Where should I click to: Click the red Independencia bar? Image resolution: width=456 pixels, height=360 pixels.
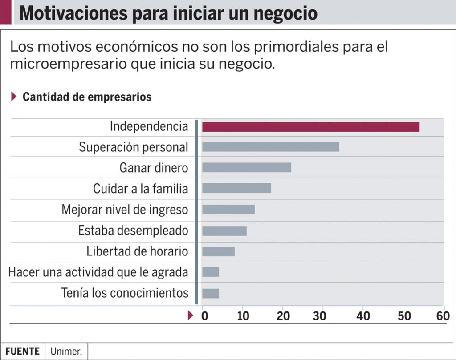tap(310, 127)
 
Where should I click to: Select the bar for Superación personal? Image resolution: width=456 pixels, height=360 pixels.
tap(270, 147)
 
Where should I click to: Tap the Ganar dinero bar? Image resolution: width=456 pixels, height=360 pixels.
tap(246, 167)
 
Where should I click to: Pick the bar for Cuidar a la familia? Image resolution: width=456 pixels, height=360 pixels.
tap(236, 188)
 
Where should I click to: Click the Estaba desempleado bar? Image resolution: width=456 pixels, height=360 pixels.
tap(224, 231)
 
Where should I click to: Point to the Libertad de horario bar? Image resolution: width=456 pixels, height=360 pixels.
tap(218, 251)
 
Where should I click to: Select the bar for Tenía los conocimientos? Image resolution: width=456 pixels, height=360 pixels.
tap(210, 294)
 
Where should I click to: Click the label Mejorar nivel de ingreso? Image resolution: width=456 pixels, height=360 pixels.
tap(125, 209)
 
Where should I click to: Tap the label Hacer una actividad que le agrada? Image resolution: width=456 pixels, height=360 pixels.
tap(98, 272)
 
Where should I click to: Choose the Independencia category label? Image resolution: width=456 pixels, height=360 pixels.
tap(149, 126)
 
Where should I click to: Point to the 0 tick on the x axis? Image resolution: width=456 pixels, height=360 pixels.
tap(204, 316)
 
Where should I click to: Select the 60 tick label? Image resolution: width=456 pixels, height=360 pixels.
tap(443, 316)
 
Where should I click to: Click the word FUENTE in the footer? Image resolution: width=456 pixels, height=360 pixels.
tap(22, 351)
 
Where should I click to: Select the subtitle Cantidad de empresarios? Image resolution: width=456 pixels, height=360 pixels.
tap(87, 97)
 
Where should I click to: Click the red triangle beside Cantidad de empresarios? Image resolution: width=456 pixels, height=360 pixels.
tap(14, 97)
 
